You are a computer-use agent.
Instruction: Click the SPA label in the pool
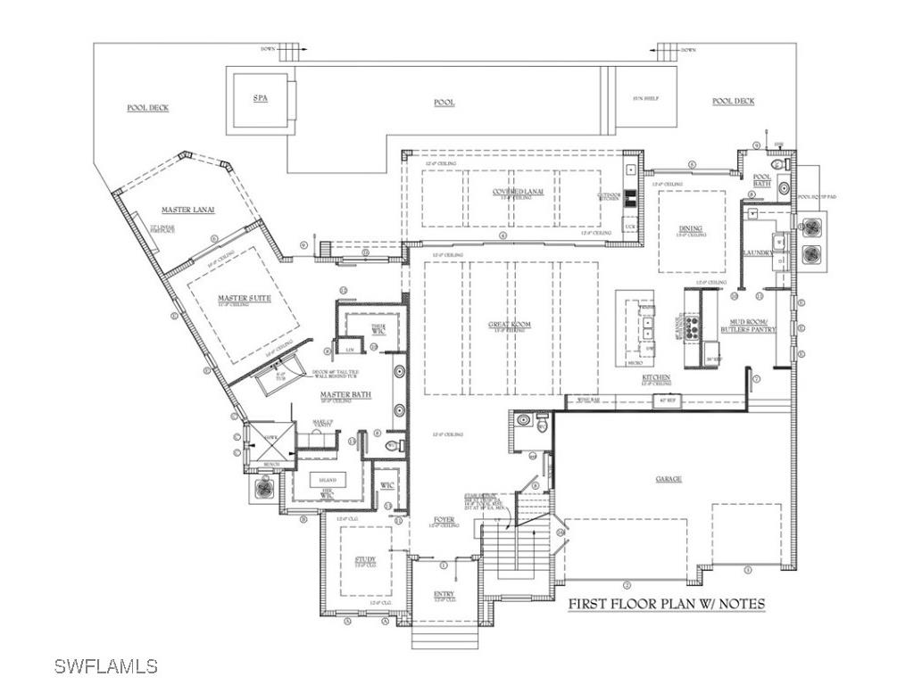pyautogui.click(x=261, y=99)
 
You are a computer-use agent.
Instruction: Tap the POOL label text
pyautogui.click(x=444, y=103)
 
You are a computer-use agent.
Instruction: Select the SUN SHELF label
pyautogui.click(x=645, y=98)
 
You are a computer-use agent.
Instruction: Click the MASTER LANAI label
pyautogui.click(x=187, y=210)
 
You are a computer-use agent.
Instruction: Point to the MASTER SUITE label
pyautogui.click(x=244, y=298)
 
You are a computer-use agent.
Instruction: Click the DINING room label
pyautogui.click(x=690, y=229)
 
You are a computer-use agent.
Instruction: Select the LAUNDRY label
pyautogui.click(x=758, y=253)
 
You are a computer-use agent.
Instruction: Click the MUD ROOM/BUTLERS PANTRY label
pyautogui.click(x=749, y=325)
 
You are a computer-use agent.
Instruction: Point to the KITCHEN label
pyautogui.click(x=656, y=378)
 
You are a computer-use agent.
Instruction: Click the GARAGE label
pyautogui.click(x=669, y=479)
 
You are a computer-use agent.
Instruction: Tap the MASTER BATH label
pyautogui.click(x=347, y=394)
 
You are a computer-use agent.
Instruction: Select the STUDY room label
pyautogui.click(x=365, y=560)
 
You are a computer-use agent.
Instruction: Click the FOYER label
pyautogui.click(x=444, y=519)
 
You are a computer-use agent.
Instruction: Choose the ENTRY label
pyautogui.click(x=444, y=595)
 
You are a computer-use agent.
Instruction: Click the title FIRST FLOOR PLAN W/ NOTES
pyautogui.click(x=667, y=604)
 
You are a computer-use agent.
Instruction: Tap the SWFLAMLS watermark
pyautogui.click(x=105, y=665)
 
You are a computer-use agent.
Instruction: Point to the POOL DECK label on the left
pyautogui.click(x=147, y=108)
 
